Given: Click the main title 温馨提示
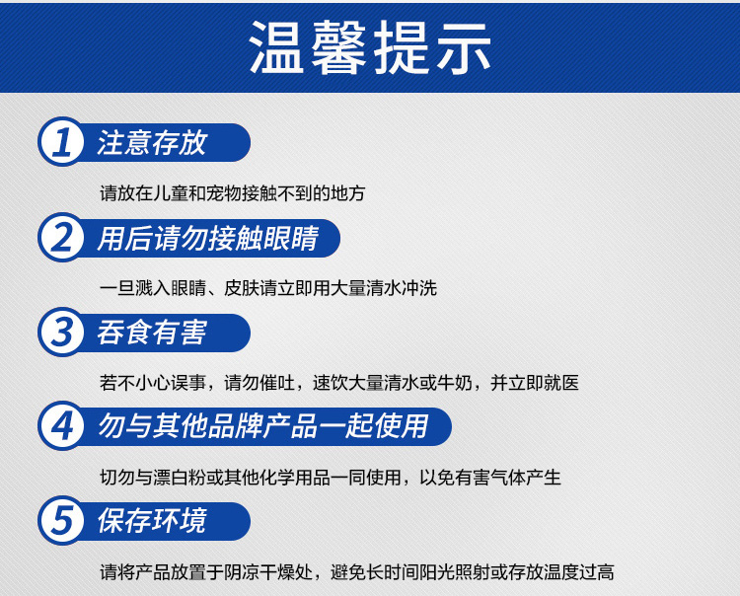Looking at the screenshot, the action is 370,47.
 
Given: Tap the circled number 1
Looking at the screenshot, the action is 62,141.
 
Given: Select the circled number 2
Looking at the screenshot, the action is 62,237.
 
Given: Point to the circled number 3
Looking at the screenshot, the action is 62,332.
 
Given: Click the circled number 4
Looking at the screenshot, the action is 62,425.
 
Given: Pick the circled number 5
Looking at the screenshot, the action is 62,520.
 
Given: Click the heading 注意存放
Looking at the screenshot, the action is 152,142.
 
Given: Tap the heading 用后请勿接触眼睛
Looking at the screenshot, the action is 208,238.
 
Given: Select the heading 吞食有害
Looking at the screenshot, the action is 152,333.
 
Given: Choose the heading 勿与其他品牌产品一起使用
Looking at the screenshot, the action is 263,426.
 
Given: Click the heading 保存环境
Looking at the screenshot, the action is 152,520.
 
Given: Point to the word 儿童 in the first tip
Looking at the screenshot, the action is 171,193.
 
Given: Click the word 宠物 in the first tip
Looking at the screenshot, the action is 224,193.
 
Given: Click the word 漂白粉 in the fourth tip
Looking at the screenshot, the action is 180,478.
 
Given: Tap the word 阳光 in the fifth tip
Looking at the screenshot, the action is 420,572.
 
